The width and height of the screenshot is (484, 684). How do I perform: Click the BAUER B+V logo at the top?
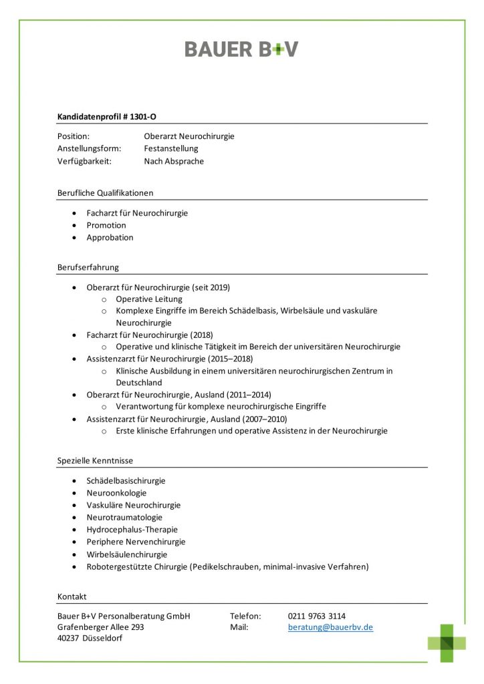click(x=241, y=49)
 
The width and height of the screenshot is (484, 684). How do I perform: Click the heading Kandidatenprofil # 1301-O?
click(x=107, y=116)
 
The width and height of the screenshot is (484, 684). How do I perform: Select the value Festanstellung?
click(x=171, y=148)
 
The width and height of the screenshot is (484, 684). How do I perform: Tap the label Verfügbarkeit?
click(x=84, y=161)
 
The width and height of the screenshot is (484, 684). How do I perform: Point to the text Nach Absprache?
click(x=174, y=161)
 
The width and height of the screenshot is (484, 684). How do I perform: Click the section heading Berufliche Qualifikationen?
click(x=106, y=193)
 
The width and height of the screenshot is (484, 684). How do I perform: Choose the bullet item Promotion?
click(x=106, y=225)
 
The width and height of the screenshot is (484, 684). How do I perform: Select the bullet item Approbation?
click(x=110, y=237)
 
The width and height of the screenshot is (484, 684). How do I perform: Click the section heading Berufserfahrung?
click(x=88, y=267)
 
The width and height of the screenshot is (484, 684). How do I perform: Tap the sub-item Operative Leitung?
click(x=149, y=299)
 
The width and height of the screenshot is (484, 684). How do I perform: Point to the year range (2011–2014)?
click(x=248, y=395)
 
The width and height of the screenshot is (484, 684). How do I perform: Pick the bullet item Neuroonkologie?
click(x=116, y=493)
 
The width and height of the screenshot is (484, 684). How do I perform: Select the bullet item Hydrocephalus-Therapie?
click(x=132, y=529)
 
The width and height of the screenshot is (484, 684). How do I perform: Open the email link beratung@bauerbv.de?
click(x=330, y=627)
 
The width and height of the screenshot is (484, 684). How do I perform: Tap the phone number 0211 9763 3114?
click(x=317, y=616)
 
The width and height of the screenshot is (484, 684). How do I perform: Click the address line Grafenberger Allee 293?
click(x=101, y=627)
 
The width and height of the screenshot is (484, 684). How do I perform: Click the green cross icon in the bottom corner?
click(x=447, y=643)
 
